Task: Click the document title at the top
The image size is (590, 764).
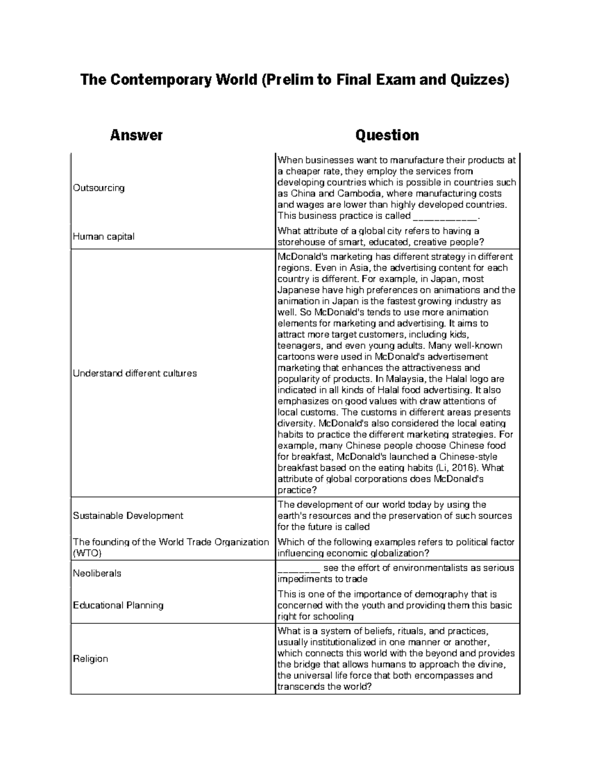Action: [295, 79]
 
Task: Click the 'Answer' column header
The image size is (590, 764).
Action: [136, 135]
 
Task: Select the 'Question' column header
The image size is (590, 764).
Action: [387, 135]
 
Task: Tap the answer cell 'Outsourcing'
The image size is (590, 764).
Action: [99, 188]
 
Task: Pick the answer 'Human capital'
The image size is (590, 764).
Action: [104, 237]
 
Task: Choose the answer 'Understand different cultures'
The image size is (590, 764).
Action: [135, 373]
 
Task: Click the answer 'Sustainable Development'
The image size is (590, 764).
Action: [128, 516]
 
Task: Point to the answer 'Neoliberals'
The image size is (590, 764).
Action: [97, 574]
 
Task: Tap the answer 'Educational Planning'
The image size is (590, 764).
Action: [118, 605]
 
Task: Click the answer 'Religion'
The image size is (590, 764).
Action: [90, 659]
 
